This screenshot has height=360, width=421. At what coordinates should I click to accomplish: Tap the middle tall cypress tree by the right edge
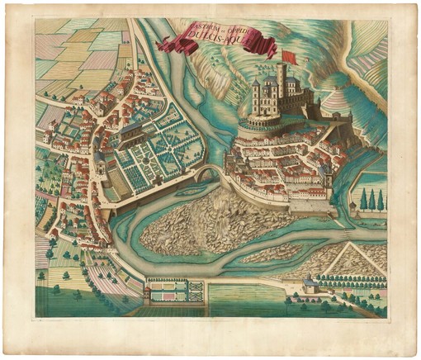[x=372, y=199]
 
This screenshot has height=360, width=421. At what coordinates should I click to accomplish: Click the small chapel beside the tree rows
[x=310, y=286]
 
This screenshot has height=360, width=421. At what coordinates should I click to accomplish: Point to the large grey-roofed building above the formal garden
[x=132, y=132]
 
